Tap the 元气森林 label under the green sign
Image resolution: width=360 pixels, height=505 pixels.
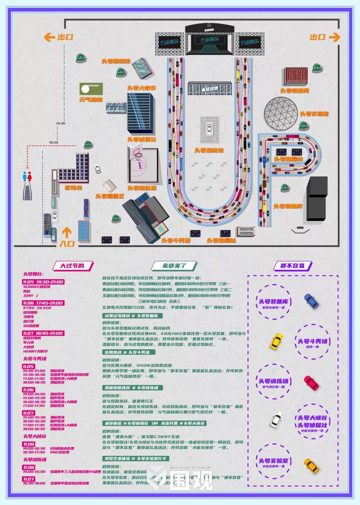tap(91, 100)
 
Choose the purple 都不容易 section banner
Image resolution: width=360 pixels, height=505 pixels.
tap(292, 266)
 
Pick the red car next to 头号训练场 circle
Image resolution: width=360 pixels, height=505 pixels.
tap(311, 383)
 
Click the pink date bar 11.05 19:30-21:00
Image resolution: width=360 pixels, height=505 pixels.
tap(44, 282)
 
